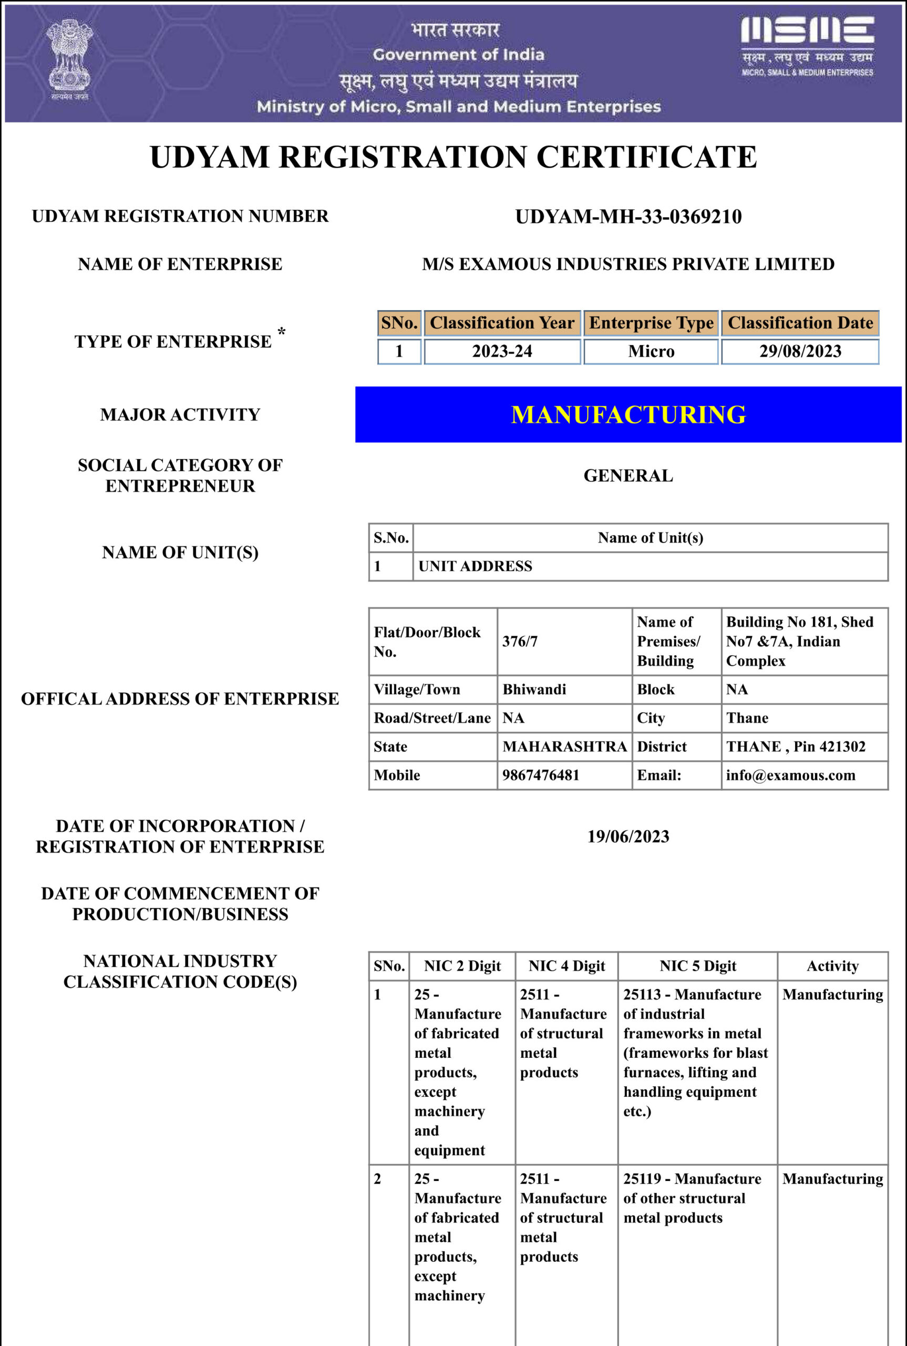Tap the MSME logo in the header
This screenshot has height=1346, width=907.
(x=807, y=46)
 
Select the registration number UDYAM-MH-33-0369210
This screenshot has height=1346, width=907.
(x=628, y=217)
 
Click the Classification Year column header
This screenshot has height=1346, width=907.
(x=501, y=323)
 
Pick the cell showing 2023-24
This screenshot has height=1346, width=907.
(x=501, y=351)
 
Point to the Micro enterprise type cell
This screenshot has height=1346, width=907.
(x=651, y=351)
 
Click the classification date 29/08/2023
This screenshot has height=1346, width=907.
(x=800, y=351)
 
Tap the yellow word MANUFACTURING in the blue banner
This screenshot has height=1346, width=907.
(x=628, y=415)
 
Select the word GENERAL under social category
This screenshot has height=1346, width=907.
(x=628, y=476)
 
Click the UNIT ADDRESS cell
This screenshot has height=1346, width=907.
(x=475, y=566)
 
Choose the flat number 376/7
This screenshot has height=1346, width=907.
(x=519, y=641)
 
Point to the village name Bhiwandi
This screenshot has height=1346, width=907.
(x=534, y=689)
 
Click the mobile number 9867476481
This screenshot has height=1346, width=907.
(x=540, y=775)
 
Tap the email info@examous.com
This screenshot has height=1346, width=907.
(x=790, y=775)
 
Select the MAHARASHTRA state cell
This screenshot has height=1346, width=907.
(x=564, y=747)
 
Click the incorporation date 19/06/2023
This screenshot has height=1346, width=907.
(x=628, y=836)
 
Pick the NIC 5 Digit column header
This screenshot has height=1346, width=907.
(x=698, y=966)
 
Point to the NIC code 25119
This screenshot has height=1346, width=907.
(x=642, y=1179)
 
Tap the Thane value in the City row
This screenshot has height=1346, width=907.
(x=747, y=718)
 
